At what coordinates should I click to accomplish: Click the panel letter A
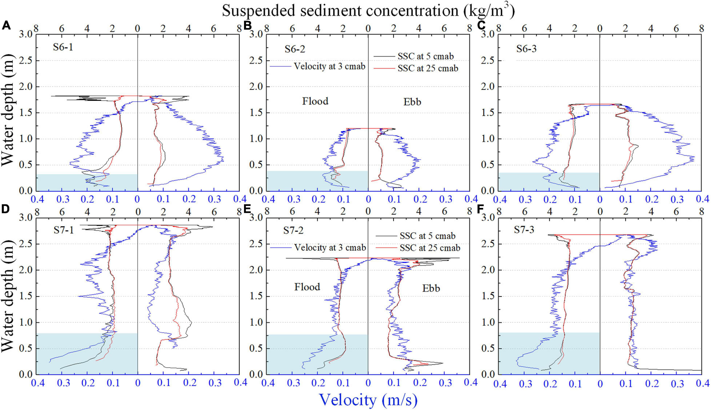(6, 26)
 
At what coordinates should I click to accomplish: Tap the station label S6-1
(63, 47)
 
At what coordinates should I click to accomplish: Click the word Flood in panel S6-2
(315, 101)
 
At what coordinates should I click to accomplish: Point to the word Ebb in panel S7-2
(431, 288)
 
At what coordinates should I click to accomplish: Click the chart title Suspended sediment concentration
(368, 11)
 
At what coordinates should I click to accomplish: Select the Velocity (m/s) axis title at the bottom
(369, 400)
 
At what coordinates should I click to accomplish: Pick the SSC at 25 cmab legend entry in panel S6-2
(428, 69)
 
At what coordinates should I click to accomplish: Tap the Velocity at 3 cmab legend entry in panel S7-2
(330, 248)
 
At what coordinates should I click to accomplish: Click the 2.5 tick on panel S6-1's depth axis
(26, 61)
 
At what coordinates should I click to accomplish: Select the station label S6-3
(526, 49)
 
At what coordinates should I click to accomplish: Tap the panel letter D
(6, 209)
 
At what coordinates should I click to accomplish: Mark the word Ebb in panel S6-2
(412, 102)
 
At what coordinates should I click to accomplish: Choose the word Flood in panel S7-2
(307, 287)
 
